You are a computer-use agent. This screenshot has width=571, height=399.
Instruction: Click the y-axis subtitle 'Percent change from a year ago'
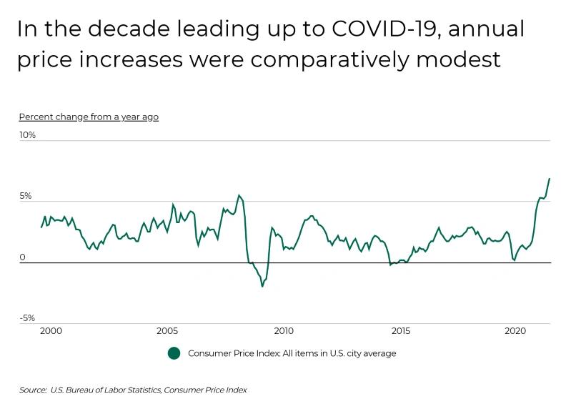coord(89,117)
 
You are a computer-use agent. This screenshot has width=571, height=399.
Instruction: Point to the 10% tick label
coord(27,134)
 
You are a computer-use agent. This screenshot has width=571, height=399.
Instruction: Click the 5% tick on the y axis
coord(25,196)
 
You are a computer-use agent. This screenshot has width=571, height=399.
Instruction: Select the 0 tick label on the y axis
coord(22,257)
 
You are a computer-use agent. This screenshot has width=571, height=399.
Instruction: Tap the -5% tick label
coord(26,318)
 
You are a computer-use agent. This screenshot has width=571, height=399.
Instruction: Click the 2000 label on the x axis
coord(50,332)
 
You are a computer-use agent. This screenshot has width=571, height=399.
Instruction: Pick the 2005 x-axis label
coord(167,332)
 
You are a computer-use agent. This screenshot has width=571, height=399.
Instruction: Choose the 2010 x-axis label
coord(284,332)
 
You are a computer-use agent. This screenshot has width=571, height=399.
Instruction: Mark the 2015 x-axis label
coord(400,332)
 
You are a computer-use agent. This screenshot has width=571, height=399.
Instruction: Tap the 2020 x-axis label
coord(516,332)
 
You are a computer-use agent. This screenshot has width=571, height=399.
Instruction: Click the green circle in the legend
coord(174,353)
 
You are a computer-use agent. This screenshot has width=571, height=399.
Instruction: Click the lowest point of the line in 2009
coord(262,286)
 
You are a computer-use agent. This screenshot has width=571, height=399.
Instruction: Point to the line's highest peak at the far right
coord(549,179)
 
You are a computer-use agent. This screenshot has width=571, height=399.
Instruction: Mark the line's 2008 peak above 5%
coord(239,195)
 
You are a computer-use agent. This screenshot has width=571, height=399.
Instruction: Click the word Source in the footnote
coord(33,390)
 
